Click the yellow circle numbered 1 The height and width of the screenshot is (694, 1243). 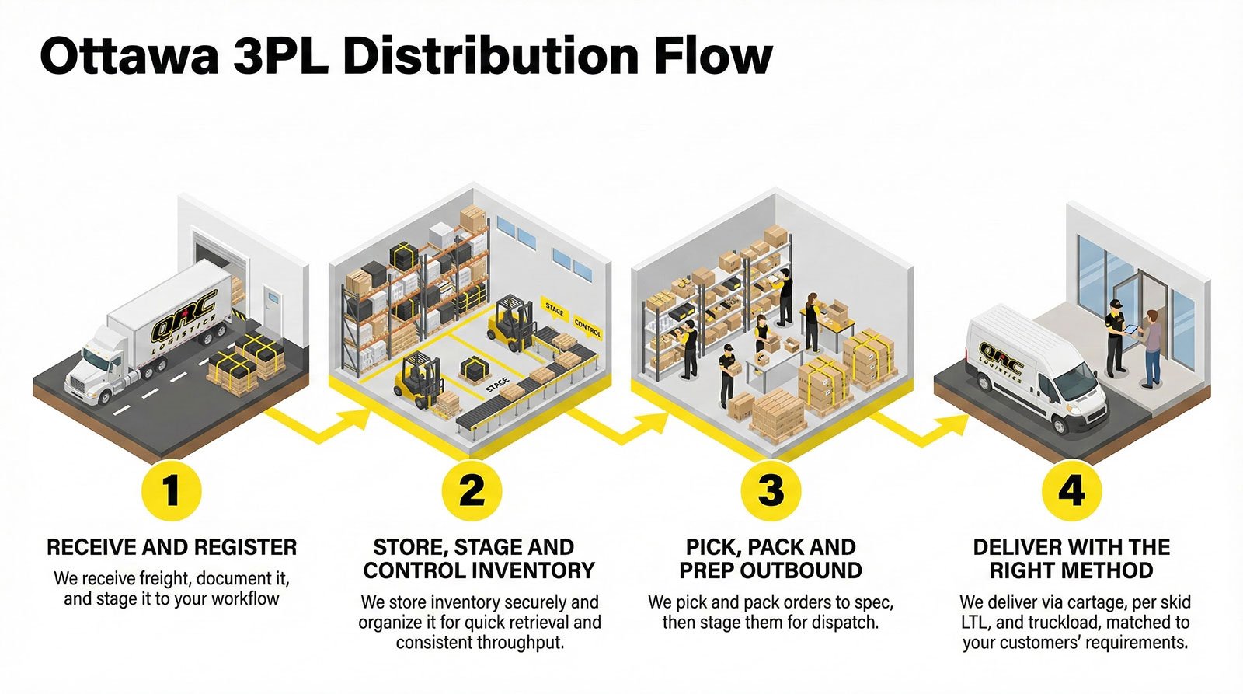(x=172, y=490)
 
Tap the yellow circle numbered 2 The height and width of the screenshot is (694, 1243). (x=472, y=490)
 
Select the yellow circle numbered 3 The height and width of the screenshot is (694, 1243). (x=771, y=490)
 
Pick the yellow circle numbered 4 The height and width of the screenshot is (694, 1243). (x=1071, y=490)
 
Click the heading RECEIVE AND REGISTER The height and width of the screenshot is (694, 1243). (x=172, y=547)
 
